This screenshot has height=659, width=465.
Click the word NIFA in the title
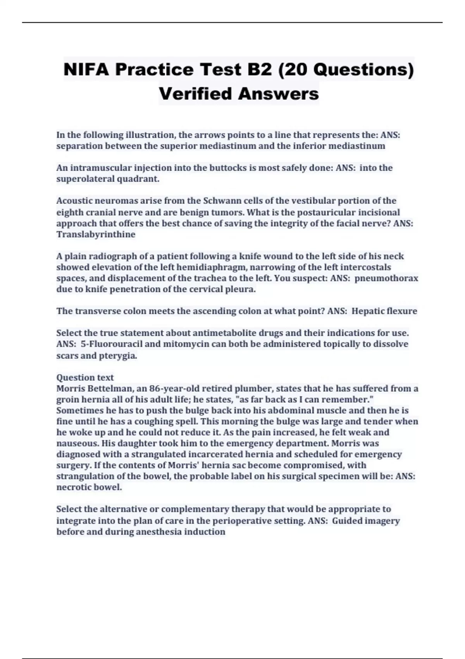click(x=86, y=70)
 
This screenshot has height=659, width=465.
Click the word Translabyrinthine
click(x=96, y=235)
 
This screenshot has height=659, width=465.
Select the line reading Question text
click(x=85, y=378)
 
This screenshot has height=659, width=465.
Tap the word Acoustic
click(x=74, y=201)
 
